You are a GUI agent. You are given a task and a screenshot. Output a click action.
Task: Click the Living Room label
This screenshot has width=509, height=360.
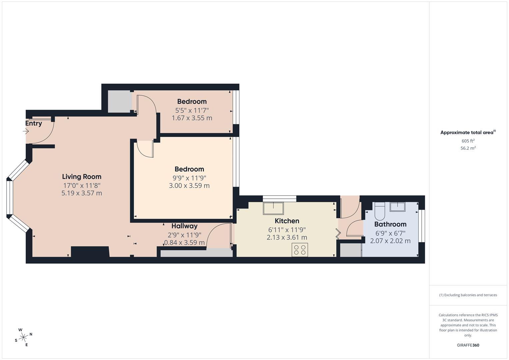click(x=82, y=177)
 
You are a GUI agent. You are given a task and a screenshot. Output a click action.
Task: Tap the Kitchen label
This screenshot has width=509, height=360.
click(x=287, y=221)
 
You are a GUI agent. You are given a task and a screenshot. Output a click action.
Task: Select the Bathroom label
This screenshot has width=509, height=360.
click(x=390, y=224)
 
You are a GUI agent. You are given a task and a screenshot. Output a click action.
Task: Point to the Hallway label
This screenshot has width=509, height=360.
click(x=184, y=226)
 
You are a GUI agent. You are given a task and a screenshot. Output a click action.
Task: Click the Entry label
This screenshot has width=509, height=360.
click(x=34, y=123)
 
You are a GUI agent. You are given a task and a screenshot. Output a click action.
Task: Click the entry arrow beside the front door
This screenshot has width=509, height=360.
click(x=26, y=131)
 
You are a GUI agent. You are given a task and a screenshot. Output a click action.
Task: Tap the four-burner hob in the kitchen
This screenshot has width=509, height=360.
click(x=300, y=250)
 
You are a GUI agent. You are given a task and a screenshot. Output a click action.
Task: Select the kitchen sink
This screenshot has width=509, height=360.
click(x=273, y=208)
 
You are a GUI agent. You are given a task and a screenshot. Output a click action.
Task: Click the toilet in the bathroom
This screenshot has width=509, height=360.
click(x=379, y=211)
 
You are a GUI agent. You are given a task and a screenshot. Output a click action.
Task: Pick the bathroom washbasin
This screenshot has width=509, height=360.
click(x=397, y=207)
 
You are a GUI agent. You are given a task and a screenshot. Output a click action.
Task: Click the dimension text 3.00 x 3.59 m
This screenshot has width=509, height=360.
click(x=189, y=186)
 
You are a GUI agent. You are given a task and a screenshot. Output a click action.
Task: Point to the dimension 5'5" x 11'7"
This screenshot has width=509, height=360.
click(x=192, y=110)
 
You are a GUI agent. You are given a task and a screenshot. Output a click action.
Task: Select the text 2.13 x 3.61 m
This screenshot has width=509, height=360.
click(x=287, y=237)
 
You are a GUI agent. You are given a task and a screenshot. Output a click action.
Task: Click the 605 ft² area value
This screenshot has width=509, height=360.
click(x=468, y=141)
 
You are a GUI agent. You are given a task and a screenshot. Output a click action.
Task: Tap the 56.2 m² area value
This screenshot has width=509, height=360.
click(x=468, y=148)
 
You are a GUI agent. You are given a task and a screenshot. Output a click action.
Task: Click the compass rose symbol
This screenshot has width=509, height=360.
click(x=23, y=337)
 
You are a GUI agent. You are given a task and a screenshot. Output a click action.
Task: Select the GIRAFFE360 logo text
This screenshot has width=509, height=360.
click(x=468, y=345)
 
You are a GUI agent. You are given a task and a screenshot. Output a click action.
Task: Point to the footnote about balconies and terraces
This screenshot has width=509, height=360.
click(x=468, y=295)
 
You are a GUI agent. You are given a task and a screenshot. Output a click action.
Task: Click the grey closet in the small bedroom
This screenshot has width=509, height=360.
click(x=120, y=101)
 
